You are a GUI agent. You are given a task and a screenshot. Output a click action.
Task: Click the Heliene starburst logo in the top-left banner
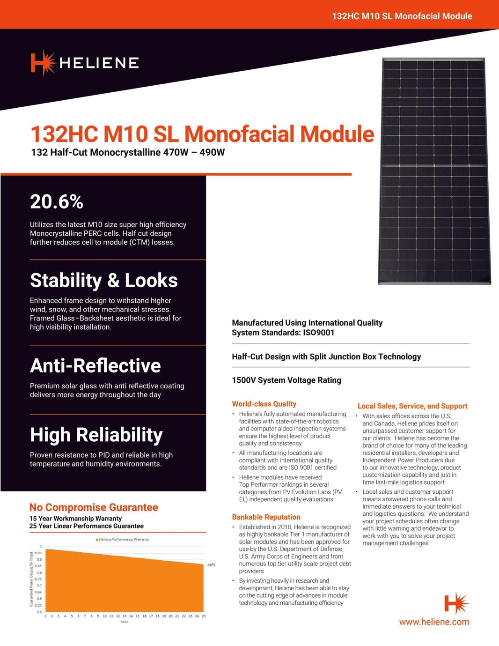(x=43, y=63)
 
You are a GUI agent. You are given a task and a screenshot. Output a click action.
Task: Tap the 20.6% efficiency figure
(x=57, y=202)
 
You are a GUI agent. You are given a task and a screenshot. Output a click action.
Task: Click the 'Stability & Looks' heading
(x=103, y=281)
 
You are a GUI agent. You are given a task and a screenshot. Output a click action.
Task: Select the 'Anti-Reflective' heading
(x=95, y=366)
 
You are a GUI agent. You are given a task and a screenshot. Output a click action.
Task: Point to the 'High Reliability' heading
(x=96, y=435)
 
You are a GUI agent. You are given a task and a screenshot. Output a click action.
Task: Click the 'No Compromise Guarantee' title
(x=94, y=507)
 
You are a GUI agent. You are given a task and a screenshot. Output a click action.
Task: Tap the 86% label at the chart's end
(x=212, y=565)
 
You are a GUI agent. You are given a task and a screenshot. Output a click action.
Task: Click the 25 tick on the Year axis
(x=204, y=616)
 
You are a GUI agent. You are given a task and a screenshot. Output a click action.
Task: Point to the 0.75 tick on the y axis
(x=39, y=579)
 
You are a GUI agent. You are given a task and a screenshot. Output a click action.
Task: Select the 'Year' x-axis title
(x=124, y=622)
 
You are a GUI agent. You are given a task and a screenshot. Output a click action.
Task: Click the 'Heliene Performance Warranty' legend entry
(x=123, y=539)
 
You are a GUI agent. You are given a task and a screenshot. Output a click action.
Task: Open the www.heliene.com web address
(x=434, y=622)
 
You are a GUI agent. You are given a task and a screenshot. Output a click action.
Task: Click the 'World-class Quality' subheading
(x=264, y=404)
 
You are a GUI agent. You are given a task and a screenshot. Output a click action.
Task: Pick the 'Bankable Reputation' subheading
(x=266, y=517)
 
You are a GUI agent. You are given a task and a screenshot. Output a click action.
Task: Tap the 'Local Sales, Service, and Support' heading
(x=412, y=406)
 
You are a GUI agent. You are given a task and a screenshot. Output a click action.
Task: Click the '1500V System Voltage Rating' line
(x=286, y=380)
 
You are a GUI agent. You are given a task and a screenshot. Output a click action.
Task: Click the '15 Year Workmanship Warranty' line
(x=75, y=519)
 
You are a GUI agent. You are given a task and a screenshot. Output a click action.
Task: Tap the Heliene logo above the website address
(x=456, y=603)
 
